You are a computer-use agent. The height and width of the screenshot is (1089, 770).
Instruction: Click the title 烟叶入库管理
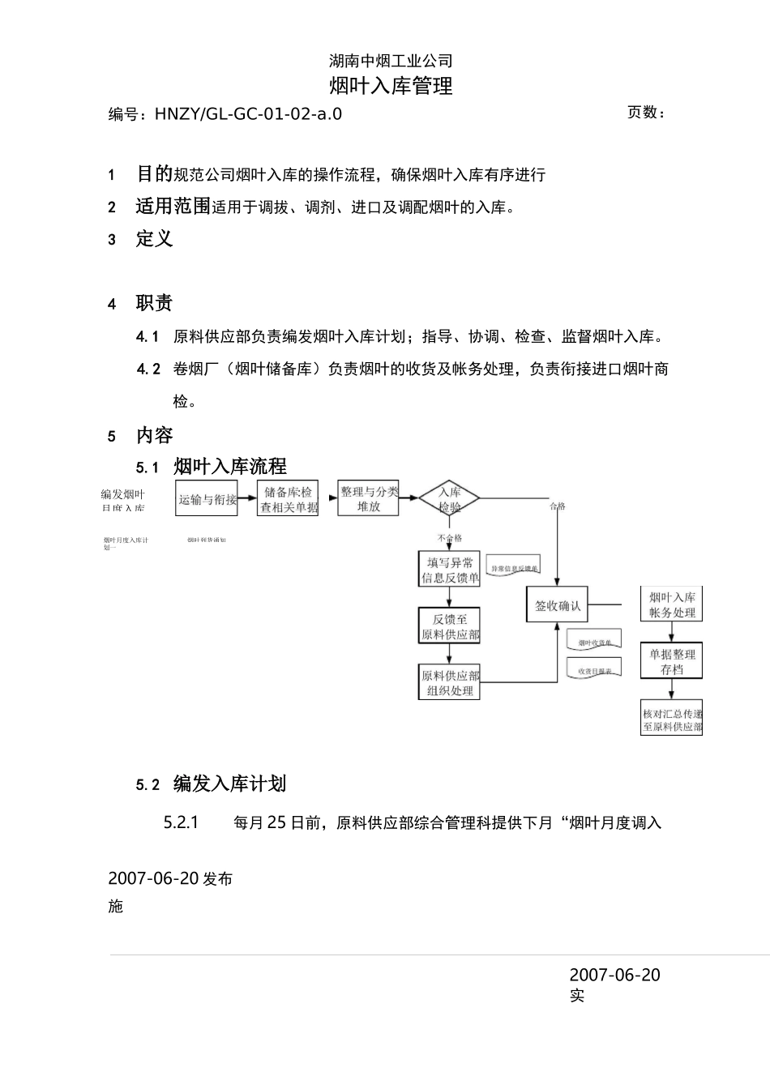pyautogui.click(x=391, y=86)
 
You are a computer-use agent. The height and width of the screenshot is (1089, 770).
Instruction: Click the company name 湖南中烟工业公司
pyautogui.click(x=391, y=61)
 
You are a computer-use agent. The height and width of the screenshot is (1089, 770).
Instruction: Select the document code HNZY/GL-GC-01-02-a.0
pyautogui.click(x=248, y=114)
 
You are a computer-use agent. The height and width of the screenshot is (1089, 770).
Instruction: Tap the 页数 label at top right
pyautogui.click(x=646, y=113)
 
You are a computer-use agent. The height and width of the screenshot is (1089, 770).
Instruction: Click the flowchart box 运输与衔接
pyautogui.click(x=207, y=499)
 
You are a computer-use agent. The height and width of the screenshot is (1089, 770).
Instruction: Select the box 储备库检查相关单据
pyautogui.click(x=288, y=499)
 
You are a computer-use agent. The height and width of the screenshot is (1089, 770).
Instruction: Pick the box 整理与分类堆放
pyautogui.click(x=369, y=498)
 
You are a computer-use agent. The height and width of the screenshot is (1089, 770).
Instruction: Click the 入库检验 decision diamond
pyautogui.click(x=450, y=498)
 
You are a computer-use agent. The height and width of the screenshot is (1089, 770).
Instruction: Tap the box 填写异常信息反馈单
pyautogui.click(x=450, y=570)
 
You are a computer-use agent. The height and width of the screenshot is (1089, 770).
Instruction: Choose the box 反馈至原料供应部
pyautogui.click(x=450, y=626)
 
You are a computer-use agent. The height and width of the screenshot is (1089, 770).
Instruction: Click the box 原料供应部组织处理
pyautogui.click(x=450, y=682)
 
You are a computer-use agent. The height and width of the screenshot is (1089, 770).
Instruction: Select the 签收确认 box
pyautogui.click(x=558, y=605)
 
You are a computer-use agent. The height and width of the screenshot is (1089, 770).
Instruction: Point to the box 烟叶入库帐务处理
pyautogui.click(x=672, y=604)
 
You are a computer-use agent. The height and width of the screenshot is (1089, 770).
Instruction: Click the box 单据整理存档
pyautogui.click(x=672, y=661)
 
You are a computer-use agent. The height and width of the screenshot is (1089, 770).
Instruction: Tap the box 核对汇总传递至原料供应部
pyautogui.click(x=672, y=720)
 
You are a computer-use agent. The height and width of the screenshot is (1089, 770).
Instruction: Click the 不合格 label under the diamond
pyautogui.click(x=450, y=538)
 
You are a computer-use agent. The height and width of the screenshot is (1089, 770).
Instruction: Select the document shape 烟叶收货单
pyautogui.click(x=595, y=642)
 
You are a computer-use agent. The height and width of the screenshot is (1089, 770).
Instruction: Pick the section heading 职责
pyautogui.click(x=154, y=303)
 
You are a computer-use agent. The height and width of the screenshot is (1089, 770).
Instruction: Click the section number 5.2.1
pyautogui.click(x=181, y=822)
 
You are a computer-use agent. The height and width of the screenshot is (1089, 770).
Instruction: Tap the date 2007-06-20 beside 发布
pyautogui.click(x=153, y=878)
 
